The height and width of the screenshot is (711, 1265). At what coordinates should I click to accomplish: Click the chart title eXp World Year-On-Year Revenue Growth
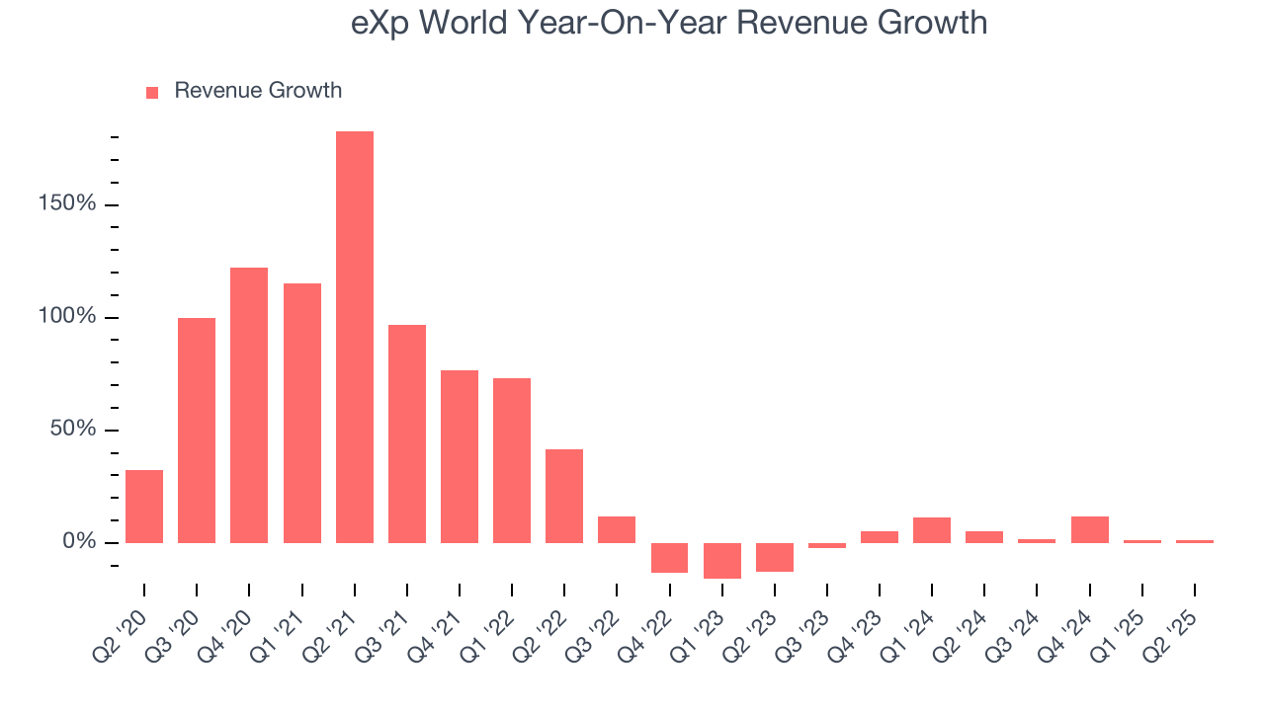pyautogui.click(x=669, y=23)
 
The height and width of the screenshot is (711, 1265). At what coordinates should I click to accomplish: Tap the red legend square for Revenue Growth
pyautogui.click(x=152, y=92)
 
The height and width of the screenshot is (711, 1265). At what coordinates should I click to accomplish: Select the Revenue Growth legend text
pyautogui.click(x=258, y=91)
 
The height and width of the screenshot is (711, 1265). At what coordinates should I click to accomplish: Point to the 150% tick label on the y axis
pyautogui.click(x=67, y=204)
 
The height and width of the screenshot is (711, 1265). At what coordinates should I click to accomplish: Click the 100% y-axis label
pyautogui.click(x=67, y=317)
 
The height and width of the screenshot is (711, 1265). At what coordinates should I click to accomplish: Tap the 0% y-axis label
pyautogui.click(x=79, y=542)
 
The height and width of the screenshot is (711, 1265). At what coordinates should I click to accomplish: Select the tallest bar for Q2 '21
pyautogui.click(x=355, y=337)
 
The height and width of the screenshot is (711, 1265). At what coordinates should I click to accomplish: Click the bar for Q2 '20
pyautogui.click(x=144, y=507)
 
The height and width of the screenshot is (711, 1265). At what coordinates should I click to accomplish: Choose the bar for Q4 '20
pyautogui.click(x=249, y=405)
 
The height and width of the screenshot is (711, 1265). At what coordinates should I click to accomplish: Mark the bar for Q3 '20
pyautogui.click(x=197, y=430)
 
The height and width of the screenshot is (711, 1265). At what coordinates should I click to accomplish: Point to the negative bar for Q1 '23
pyautogui.click(x=722, y=560)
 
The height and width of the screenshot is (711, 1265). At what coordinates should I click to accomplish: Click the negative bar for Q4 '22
pyautogui.click(x=670, y=557)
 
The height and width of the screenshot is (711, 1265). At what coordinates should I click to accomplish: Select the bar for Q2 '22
pyautogui.click(x=564, y=496)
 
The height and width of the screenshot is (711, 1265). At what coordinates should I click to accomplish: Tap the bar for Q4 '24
pyautogui.click(x=1090, y=529)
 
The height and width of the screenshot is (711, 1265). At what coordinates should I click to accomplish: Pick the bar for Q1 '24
pyautogui.click(x=932, y=530)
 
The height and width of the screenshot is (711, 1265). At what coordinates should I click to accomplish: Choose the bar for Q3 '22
pyautogui.click(x=617, y=529)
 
